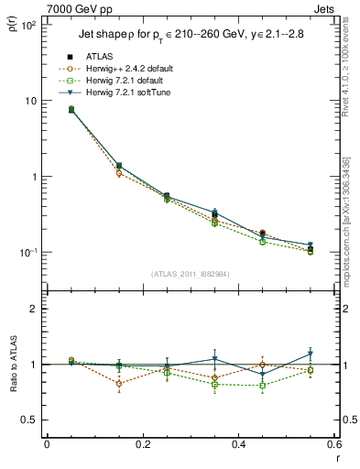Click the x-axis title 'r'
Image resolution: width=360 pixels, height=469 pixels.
click(336, 457)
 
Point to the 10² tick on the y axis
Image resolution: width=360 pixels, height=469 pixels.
click(28, 25)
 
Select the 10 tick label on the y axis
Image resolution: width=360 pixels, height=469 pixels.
click(30, 101)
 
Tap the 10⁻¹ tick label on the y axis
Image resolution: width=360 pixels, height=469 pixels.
click(28, 253)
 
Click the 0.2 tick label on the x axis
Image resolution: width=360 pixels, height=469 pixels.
click(143, 444)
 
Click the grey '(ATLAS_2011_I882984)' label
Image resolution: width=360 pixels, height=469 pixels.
click(190, 274)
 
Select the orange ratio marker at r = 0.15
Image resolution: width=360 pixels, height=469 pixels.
click(119, 383)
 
